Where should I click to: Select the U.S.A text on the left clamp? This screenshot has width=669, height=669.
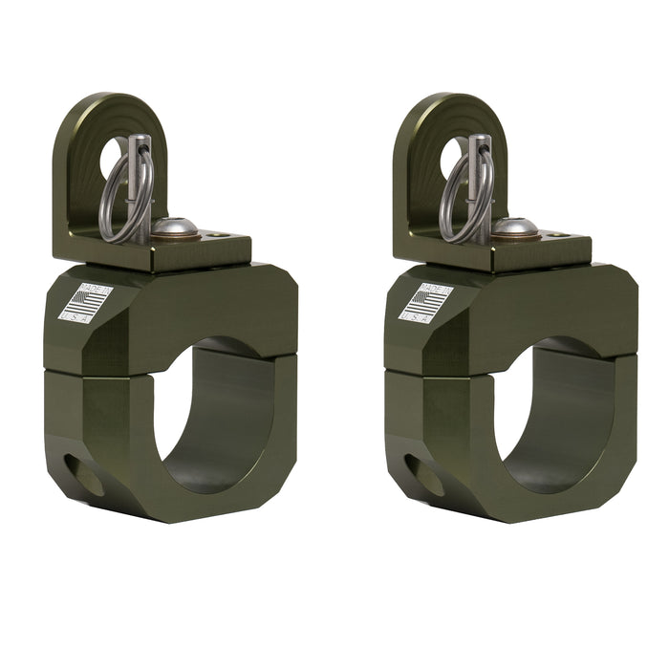76,316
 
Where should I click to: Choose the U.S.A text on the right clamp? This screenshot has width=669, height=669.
416,316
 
